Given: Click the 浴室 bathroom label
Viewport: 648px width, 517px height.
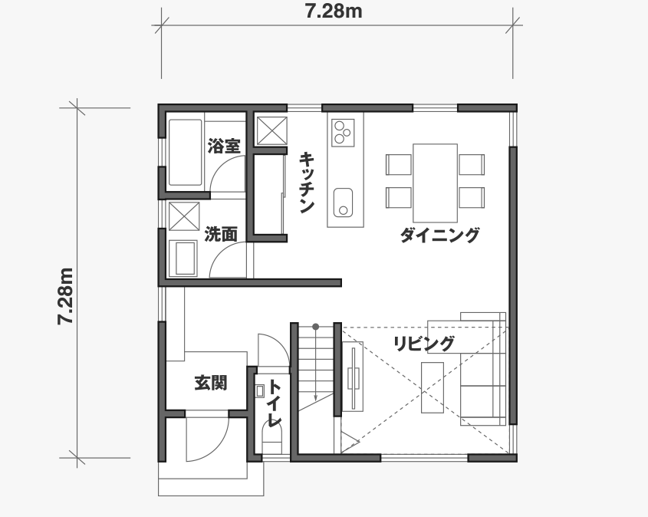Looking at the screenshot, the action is tap(224, 146).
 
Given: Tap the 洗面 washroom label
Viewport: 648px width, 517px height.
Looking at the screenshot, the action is tap(221, 234).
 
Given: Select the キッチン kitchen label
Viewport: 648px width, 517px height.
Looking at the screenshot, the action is tap(307, 183).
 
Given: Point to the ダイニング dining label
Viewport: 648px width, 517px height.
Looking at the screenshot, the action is tap(439, 235).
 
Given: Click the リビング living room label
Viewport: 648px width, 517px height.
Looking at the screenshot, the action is tap(423, 344).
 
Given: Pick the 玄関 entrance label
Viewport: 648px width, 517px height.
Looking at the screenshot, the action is tap(211, 383).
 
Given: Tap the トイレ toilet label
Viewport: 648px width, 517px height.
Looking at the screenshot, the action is tap(275, 403).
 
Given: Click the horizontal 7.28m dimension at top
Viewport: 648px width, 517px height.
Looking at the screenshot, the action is tap(334, 12).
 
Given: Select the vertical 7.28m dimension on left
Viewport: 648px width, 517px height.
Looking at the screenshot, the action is tap(65, 296).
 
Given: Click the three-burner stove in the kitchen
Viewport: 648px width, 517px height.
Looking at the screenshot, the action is tap(343, 132).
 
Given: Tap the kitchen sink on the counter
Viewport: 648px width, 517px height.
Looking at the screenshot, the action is tap(343, 203).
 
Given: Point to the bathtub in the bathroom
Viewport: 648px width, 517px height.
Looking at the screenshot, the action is tap(185, 153).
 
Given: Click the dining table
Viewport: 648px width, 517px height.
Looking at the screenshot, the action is tap(435, 183).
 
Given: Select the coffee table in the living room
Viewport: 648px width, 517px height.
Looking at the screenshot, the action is tap(433, 387).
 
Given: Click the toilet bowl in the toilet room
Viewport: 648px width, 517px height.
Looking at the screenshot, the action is tap(272, 440).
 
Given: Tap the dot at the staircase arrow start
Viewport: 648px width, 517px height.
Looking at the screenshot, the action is tap(316, 327).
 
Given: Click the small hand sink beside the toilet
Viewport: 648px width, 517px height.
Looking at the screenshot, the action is tap(260, 391).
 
